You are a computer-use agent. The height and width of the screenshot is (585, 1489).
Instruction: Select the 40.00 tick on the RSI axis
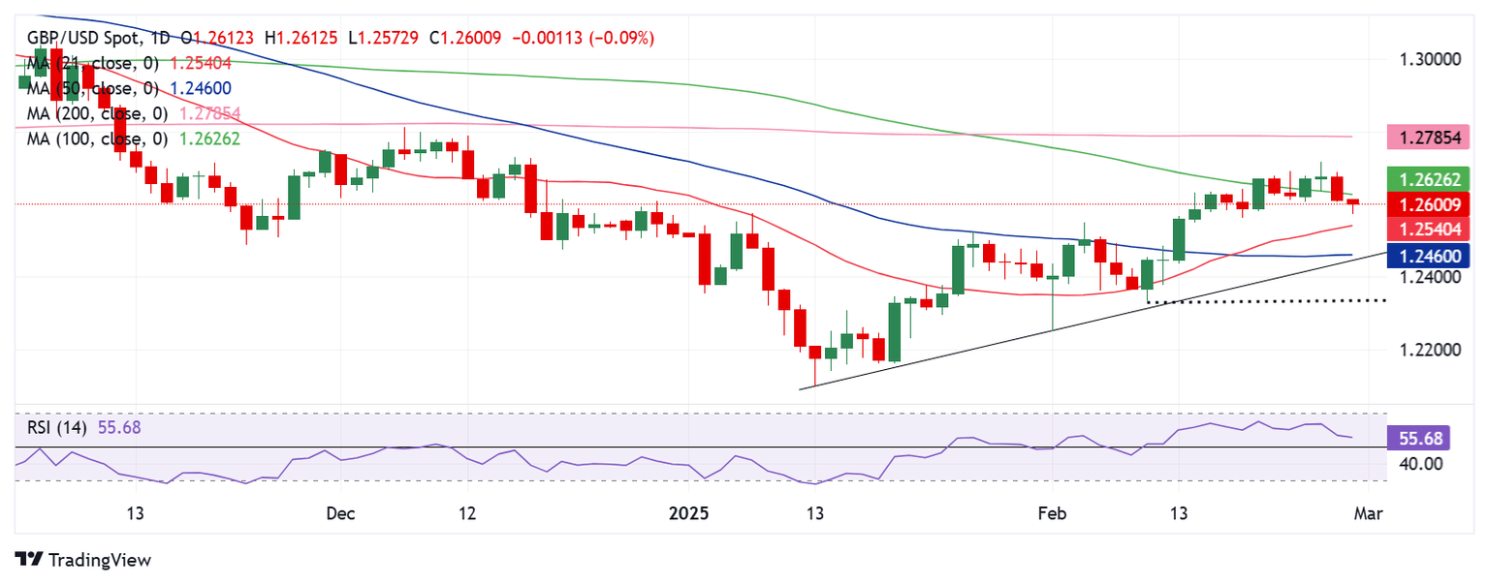pos(1421,464)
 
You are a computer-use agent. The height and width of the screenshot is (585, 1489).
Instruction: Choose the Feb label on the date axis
pos(1052,512)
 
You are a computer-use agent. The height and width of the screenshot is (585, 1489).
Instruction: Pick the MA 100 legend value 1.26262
pos(205,139)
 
